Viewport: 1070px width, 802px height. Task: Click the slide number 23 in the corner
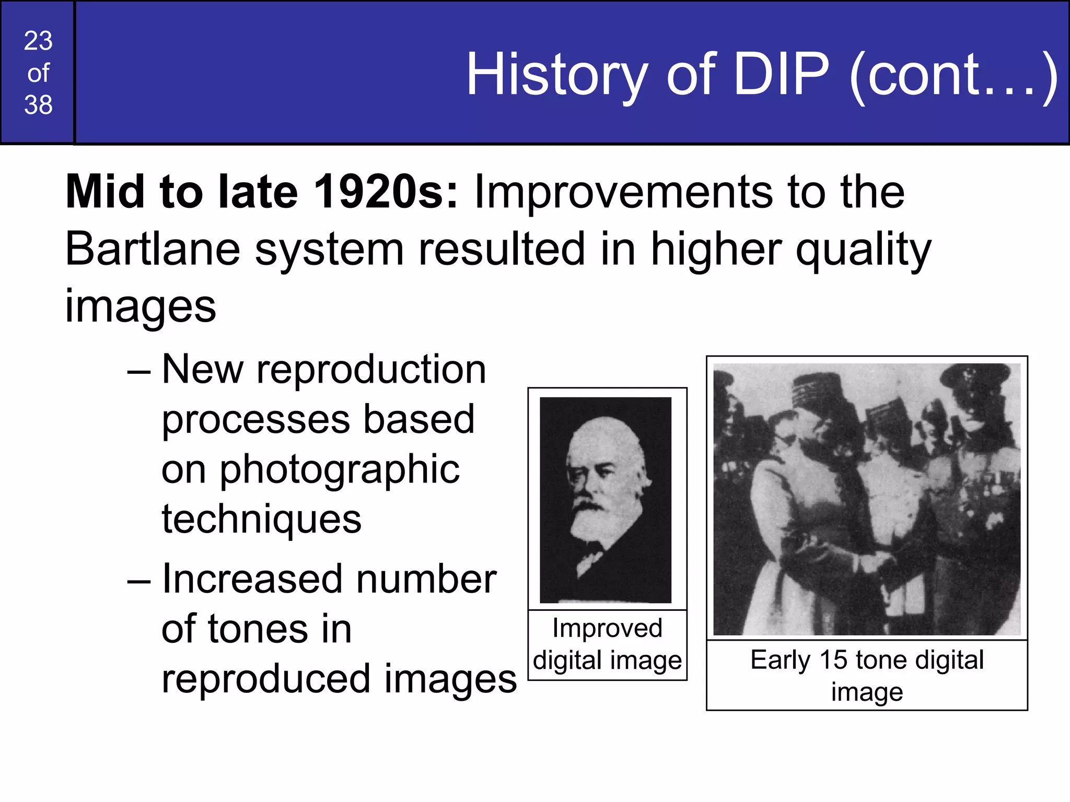point(38,41)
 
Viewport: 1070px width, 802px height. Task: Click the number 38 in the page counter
point(38,105)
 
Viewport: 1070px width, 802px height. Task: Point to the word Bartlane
point(152,249)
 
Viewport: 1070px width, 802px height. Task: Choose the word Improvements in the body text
point(622,192)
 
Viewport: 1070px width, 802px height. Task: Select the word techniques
point(261,519)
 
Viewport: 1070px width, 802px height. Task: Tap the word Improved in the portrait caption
point(607,628)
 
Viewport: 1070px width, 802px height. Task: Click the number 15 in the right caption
point(833,659)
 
